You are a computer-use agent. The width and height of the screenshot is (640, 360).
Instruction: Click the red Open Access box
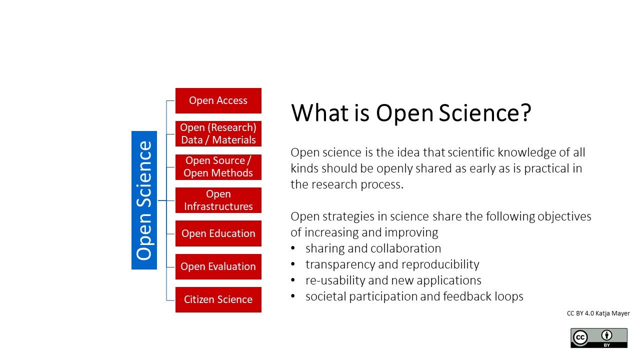click(218, 100)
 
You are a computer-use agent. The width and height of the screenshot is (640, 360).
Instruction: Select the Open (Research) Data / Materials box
click(218, 133)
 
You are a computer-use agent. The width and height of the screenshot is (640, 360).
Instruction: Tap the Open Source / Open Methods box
click(218, 167)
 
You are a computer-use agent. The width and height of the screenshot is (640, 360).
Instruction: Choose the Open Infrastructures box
click(218, 200)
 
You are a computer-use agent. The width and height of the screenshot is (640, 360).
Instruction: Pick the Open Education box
click(218, 233)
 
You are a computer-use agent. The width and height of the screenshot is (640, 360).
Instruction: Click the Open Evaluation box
click(218, 266)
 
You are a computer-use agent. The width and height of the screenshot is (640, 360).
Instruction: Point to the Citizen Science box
click(218, 299)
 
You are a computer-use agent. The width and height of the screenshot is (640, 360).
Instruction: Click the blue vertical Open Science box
click(144, 200)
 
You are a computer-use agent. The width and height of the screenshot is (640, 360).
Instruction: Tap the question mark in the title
click(525, 113)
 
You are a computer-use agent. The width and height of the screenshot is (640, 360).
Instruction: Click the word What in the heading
click(319, 113)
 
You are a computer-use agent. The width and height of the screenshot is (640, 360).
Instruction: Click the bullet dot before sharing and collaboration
click(293, 248)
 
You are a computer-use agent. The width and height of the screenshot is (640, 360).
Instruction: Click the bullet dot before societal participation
click(293, 296)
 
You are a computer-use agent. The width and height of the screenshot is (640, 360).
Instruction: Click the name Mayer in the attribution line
click(620, 313)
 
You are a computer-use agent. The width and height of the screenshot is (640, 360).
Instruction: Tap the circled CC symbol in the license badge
click(580, 337)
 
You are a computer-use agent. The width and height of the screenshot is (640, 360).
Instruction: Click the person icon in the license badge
click(606, 335)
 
